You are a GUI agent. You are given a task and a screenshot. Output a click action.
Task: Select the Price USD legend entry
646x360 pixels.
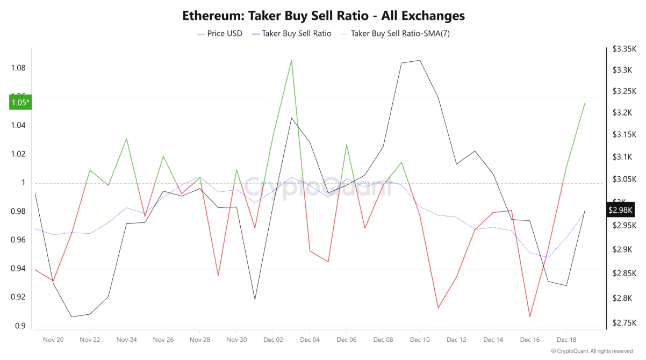[220, 33]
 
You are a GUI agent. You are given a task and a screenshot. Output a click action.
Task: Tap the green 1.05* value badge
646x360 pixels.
[20, 103]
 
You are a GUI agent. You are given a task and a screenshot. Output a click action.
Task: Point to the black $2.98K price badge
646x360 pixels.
[621, 210]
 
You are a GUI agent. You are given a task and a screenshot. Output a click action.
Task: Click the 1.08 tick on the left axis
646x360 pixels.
[18, 69]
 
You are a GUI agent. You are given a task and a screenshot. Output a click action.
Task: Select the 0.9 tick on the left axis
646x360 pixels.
[20, 326]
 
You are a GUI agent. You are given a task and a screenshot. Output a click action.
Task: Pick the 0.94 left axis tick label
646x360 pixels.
[18, 269]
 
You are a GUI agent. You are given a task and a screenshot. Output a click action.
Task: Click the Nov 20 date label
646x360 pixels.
[53, 340]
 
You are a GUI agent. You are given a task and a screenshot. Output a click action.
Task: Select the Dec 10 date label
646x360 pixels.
[419, 340]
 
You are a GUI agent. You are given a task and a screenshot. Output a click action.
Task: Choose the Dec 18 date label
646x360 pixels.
[566, 340]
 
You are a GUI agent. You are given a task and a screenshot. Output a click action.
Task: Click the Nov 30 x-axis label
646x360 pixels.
[236, 340]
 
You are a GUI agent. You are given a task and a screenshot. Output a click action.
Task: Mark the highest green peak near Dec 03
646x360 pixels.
[291, 60]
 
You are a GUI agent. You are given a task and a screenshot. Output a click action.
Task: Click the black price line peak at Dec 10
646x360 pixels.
[419, 60]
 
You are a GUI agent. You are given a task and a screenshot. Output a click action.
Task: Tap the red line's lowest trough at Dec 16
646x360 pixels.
[530, 317]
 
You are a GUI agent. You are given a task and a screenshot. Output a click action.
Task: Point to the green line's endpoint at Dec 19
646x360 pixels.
[585, 103]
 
